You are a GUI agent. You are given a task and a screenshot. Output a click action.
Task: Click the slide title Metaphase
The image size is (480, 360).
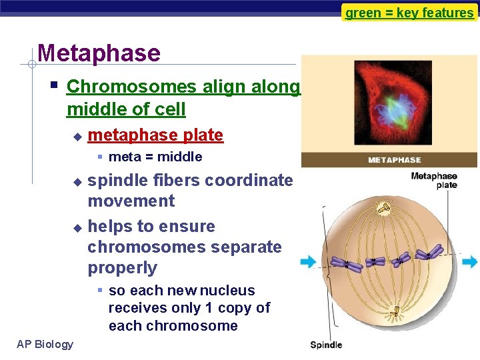point(99,53)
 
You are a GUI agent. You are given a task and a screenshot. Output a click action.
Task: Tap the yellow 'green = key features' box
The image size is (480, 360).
point(409,13)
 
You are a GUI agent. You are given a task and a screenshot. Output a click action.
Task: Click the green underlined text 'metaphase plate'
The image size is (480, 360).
point(155,135)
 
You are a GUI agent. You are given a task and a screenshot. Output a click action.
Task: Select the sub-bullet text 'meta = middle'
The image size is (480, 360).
point(155,157)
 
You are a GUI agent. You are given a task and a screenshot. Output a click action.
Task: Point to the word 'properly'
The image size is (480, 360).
point(122,268)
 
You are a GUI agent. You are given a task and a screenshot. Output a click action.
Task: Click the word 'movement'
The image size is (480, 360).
point(131,201)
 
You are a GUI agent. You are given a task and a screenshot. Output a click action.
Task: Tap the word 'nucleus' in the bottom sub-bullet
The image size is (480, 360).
point(228,291)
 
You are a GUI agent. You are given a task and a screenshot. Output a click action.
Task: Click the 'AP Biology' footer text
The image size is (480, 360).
point(45,344)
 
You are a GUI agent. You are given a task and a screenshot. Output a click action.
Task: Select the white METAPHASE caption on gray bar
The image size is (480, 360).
point(395,160)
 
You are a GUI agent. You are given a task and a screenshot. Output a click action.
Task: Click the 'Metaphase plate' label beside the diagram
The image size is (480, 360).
point(434,181)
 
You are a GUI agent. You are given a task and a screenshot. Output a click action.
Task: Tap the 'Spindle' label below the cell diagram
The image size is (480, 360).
point(326,345)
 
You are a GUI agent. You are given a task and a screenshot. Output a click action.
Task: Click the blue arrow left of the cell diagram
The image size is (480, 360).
point(308,261)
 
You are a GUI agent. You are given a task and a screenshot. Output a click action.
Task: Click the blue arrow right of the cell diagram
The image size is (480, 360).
point(470,261)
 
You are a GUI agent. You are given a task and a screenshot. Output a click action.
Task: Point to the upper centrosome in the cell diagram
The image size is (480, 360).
point(385,209)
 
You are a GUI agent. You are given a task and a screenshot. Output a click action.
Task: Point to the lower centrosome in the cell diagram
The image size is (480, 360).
point(395,311)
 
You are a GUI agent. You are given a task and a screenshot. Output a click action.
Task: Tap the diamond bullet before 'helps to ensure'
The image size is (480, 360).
point(77,227)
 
